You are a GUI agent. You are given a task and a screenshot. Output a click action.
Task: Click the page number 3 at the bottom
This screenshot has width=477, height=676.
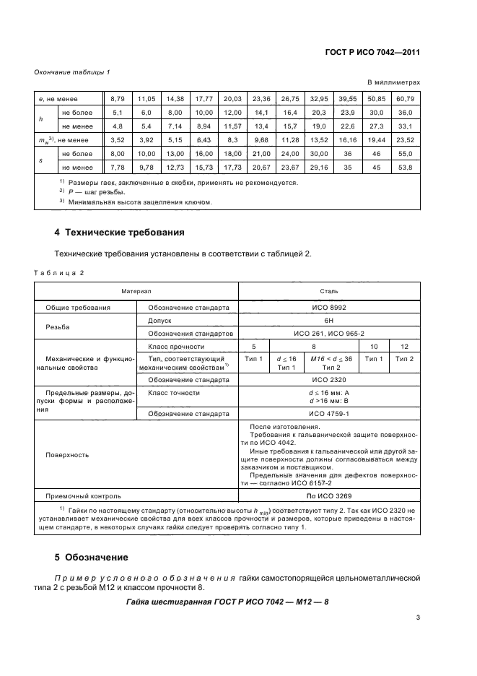click(418, 617)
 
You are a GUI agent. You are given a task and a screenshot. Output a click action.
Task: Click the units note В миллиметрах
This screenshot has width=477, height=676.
click(394, 83)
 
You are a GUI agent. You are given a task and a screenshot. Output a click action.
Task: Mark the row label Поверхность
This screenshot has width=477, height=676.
click(67, 455)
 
